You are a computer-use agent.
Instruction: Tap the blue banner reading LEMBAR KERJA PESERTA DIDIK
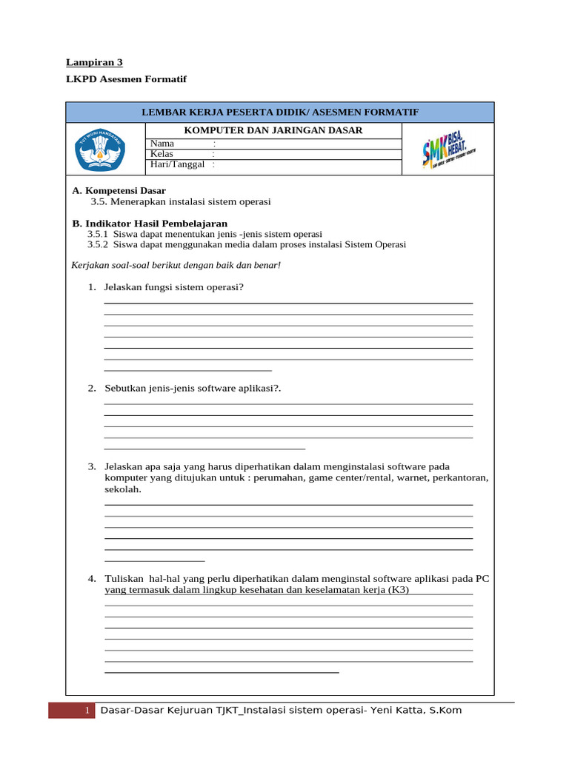280,112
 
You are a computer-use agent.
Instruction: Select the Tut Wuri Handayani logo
102,148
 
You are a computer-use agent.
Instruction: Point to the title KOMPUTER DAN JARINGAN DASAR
273,130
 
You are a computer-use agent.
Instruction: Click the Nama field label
162,143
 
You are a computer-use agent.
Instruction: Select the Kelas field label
162,154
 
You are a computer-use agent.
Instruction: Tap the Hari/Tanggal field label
177,164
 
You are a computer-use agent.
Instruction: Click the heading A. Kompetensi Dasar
119,190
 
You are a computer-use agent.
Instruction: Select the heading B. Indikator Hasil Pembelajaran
150,223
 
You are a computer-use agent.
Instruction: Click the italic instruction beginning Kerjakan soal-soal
176,265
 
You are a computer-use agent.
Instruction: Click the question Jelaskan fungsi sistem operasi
174,287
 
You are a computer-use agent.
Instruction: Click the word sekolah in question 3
122,489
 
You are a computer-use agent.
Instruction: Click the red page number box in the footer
72,711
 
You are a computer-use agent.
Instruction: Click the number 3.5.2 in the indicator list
98,244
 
